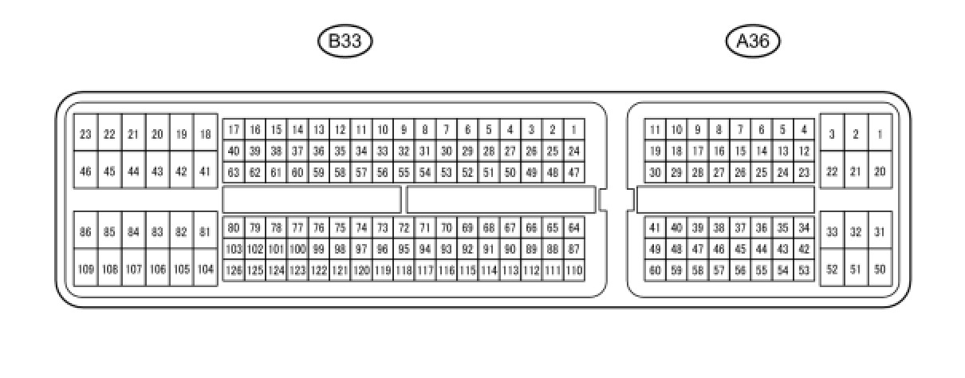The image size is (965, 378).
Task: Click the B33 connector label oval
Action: click(x=345, y=41)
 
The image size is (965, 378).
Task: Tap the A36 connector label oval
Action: click(x=753, y=41)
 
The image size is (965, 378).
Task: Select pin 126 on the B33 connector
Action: click(x=233, y=270)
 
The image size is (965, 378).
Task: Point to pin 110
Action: click(x=573, y=270)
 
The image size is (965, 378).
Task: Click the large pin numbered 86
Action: click(x=85, y=232)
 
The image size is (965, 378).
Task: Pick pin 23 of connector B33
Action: click(x=85, y=135)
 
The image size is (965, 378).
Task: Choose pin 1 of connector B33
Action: click(x=573, y=129)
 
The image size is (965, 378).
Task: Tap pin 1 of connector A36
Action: click(x=880, y=135)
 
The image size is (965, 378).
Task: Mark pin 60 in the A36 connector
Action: click(x=655, y=270)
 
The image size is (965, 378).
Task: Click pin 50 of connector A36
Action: click(x=880, y=270)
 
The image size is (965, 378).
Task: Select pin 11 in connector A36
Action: click(x=655, y=129)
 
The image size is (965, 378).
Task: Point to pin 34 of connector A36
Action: click(x=804, y=228)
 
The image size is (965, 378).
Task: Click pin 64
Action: click(x=573, y=228)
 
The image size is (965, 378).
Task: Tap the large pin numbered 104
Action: click(x=205, y=270)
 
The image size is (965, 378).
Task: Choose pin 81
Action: click(x=205, y=232)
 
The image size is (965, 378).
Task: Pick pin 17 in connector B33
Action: click(x=233, y=129)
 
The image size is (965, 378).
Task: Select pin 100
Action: click(x=297, y=249)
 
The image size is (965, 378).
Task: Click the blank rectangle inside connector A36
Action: click(x=725, y=199)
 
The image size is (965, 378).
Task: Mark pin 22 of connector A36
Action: click(x=832, y=171)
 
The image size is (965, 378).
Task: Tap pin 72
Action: click(x=404, y=228)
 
